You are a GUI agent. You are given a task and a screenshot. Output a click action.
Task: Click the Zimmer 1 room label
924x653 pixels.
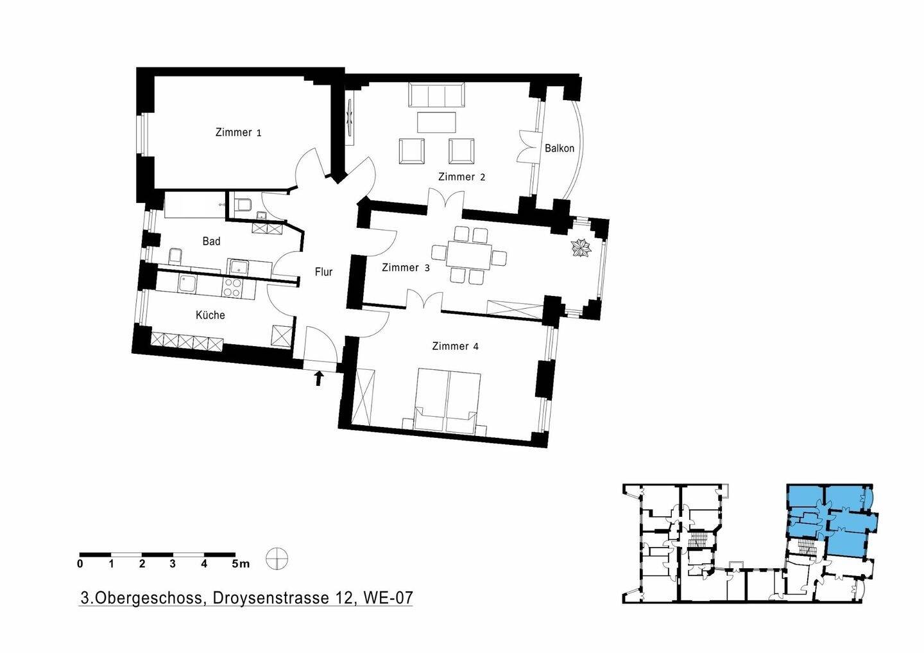click(x=238, y=133)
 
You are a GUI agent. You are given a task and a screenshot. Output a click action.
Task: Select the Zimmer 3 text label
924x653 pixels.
click(x=405, y=268)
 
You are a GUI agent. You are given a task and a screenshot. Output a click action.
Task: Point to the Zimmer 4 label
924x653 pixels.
click(x=455, y=346)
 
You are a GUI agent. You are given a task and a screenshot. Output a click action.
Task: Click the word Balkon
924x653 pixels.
click(x=560, y=148)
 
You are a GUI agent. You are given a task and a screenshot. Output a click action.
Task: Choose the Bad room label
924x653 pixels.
click(x=211, y=241)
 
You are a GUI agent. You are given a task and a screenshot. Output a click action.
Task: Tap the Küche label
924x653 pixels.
click(x=210, y=315)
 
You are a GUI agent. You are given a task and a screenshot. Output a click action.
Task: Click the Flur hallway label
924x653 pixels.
click(x=323, y=272)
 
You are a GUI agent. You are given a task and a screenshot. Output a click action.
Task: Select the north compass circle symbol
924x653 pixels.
click(x=277, y=559)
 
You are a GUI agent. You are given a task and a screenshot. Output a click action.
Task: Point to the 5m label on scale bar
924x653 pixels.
click(x=241, y=564)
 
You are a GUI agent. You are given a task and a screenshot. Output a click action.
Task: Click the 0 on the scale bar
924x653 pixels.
click(x=80, y=564)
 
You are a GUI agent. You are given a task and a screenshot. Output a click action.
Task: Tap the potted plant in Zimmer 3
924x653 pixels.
click(x=581, y=247)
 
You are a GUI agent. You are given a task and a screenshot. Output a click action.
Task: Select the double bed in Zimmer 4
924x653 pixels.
click(x=448, y=399)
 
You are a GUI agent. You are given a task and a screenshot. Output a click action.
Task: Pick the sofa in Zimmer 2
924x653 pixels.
click(x=436, y=95)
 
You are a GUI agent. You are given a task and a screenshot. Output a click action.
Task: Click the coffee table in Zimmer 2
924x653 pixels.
click(x=436, y=122)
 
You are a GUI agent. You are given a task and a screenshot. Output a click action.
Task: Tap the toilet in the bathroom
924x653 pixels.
click(x=243, y=205)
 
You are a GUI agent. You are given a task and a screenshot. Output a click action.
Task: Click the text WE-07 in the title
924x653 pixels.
click(x=388, y=598)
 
